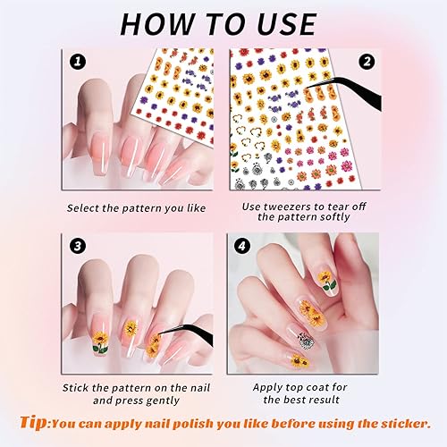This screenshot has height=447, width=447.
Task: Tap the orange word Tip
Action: pos(35,421)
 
